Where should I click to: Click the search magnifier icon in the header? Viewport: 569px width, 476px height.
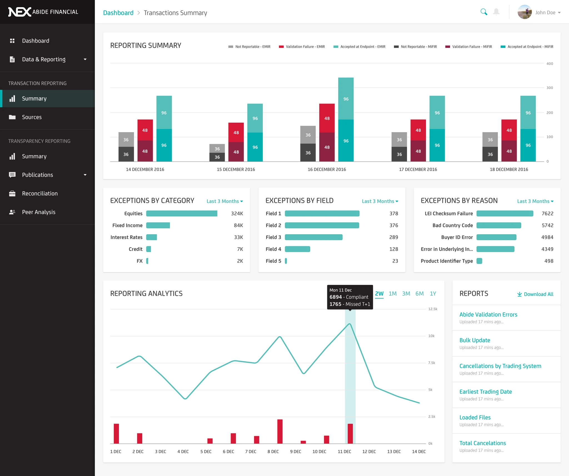click(484, 12)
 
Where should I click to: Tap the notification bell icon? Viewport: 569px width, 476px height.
click(496, 12)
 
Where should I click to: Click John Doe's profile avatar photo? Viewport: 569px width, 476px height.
click(525, 12)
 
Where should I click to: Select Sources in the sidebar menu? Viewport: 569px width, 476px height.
click(32, 117)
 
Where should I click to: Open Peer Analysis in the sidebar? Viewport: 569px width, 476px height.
click(39, 212)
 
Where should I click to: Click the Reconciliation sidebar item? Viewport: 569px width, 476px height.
click(40, 193)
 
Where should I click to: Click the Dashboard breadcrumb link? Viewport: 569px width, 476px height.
click(118, 13)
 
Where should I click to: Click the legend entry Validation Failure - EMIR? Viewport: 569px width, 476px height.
click(305, 47)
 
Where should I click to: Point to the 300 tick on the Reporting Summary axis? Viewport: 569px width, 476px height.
click(550, 88)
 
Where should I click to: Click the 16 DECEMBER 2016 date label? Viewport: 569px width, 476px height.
click(327, 169)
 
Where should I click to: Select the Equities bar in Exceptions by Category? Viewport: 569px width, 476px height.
click(182, 213)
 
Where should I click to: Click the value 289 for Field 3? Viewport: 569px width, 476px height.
click(393, 237)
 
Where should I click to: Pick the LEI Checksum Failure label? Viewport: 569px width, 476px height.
click(448, 213)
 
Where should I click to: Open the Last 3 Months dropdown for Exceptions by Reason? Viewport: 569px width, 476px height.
click(535, 201)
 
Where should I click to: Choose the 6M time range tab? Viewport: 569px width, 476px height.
click(419, 294)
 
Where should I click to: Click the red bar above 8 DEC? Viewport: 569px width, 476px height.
click(280, 431)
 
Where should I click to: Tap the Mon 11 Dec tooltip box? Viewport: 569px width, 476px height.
click(350, 297)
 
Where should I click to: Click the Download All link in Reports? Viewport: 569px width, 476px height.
click(535, 294)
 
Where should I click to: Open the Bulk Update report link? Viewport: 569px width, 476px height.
click(475, 340)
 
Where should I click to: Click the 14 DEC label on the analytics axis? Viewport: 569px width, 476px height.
click(419, 452)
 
